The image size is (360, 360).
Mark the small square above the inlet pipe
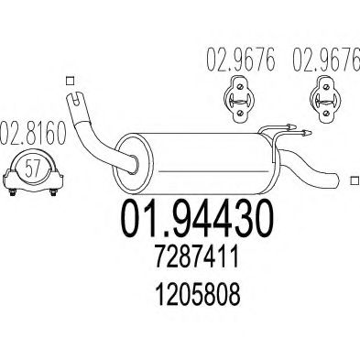coord(72,79)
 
